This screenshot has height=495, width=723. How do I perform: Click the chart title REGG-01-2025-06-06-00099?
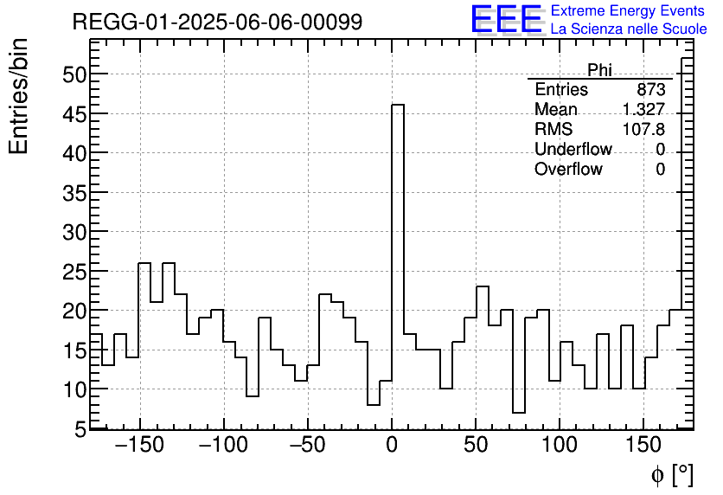pos(217,22)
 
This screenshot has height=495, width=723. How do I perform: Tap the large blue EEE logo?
pos(507,20)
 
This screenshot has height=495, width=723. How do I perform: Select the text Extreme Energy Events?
pos(628,11)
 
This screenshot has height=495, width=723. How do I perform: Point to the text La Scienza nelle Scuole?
pos(628,29)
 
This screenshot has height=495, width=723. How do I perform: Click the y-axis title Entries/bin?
pos(19,96)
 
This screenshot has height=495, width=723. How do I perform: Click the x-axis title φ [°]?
pos(672,474)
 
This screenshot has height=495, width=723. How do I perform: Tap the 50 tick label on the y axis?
pos(74,74)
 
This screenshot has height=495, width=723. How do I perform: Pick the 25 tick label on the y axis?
pos(74,271)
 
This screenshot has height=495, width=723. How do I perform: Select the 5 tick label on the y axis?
pos(80,428)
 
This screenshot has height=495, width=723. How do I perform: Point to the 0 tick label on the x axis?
pos(392,447)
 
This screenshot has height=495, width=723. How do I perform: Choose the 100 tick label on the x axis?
pos(560,447)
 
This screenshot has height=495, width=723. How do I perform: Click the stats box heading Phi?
pos(599,70)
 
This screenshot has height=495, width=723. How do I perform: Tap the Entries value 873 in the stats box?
pos(650,90)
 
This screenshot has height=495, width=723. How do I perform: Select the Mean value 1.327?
pos(643,110)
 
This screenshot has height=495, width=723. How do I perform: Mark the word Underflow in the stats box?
pos(573,150)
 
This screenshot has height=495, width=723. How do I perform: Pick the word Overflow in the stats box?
pos(568,170)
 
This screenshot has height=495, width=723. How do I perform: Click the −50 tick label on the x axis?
pos(308,447)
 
